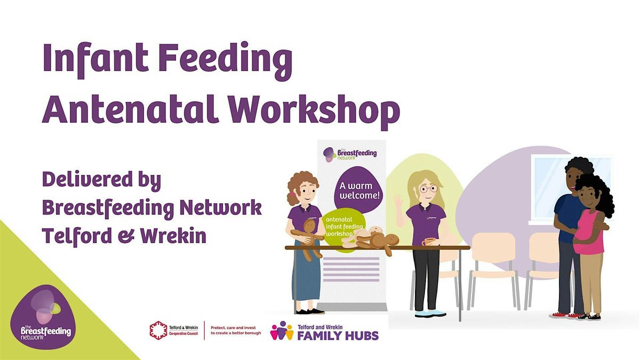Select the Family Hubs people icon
click(x=282, y=331)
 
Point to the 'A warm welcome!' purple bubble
click(x=358, y=190)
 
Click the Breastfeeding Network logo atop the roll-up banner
click(x=350, y=154)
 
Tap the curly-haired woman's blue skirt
click(x=308, y=277)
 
